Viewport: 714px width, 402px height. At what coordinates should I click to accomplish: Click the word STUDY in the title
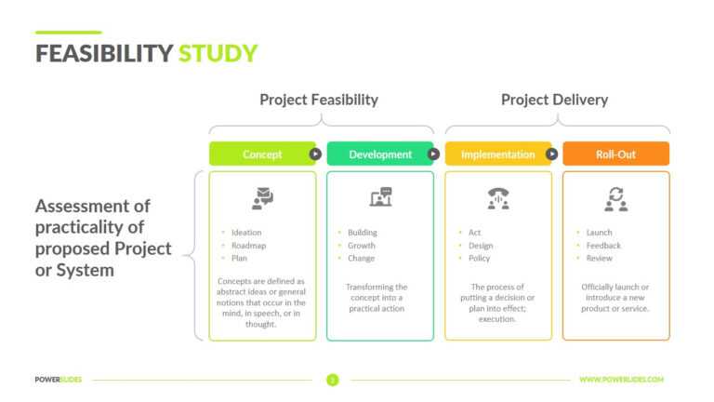(218, 54)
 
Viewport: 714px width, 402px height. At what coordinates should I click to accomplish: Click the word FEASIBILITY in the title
(103, 54)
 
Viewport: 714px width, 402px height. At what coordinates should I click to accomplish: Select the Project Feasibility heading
(319, 100)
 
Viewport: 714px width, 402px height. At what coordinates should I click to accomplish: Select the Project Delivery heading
(554, 100)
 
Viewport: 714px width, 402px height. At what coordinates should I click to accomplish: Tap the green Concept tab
(262, 154)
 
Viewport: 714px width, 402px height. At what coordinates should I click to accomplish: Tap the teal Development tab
(379, 154)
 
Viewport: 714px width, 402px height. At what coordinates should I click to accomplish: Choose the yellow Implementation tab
(497, 154)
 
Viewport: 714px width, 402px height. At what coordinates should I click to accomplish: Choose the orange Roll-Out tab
(615, 154)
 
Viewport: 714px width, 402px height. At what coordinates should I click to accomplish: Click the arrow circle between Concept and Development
(315, 154)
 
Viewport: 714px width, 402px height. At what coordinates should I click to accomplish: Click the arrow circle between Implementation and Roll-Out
(551, 154)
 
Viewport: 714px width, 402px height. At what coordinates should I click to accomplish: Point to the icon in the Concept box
(262, 197)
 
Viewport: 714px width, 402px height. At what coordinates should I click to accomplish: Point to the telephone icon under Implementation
(498, 197)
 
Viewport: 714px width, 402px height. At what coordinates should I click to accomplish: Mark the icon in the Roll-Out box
(615, 197)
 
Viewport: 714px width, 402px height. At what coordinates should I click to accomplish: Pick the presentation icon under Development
(380, 197)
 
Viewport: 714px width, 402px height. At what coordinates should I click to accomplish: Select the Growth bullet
(362, 246)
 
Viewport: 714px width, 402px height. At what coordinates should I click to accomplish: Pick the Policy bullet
(479, 259)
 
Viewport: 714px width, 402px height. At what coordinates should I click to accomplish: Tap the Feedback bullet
(602, 246)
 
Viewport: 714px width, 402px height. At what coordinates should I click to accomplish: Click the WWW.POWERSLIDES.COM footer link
(621, 380)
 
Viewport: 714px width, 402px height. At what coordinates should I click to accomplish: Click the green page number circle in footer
(332, 380)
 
